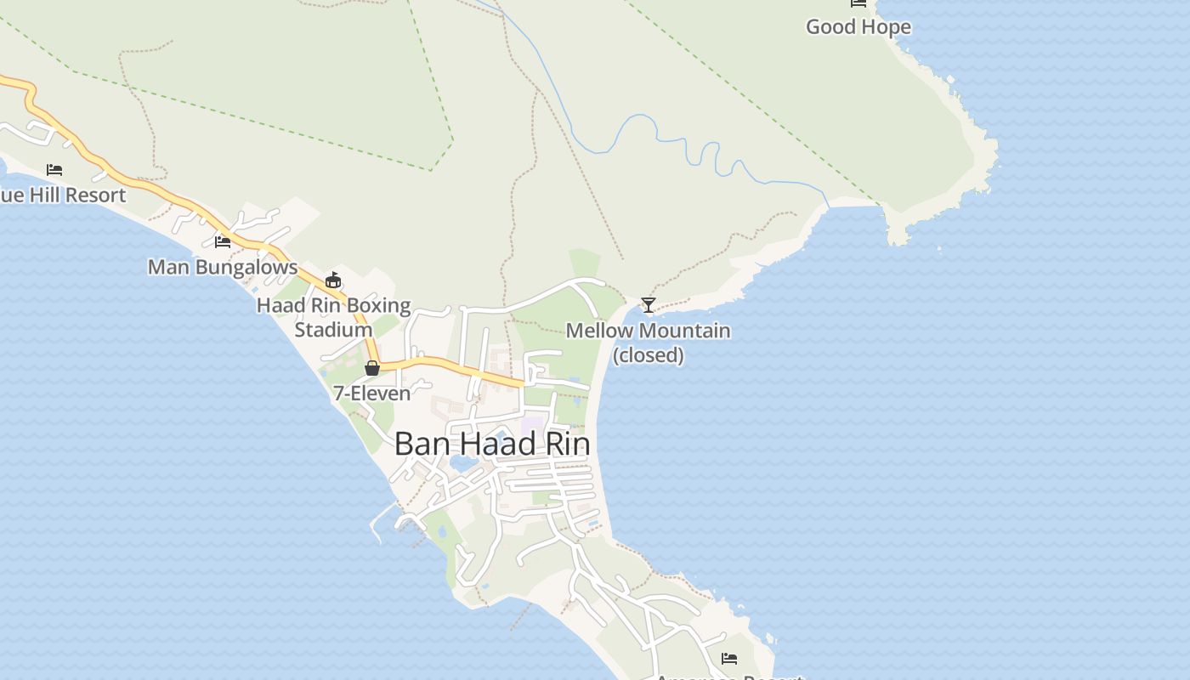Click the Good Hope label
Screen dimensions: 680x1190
pyautogui.click(x=858, y=26)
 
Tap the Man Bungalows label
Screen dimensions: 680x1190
pyautogui.click(x=223, y=267)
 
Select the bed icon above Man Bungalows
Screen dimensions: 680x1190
pyautogui.click(x=223, y=242)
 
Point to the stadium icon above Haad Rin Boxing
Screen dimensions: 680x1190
pyautogui.click(x=333, y=280)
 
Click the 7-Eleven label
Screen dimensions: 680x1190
pyautogui.click(x=371, y=393)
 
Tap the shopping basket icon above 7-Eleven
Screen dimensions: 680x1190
pyautogui.click(x=371, y=368)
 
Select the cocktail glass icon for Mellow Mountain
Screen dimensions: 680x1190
pyautogui.click(x=649, y=304)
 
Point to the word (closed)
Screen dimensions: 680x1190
pyautogui.click(x=649, y=354)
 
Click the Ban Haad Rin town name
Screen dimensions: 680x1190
pyautogui.click(x=492, y=444)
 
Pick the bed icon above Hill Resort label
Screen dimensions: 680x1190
pyautogui.click(x=54, y=170)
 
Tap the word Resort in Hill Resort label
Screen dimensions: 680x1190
pyautogui.click(x=95, y=195)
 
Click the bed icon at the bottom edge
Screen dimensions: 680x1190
pyautogui.click(x=728, y=658)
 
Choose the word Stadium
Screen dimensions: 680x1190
pyautogui.click(x=333, y=329)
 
